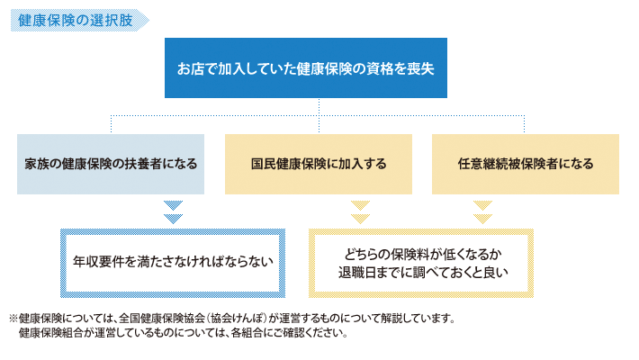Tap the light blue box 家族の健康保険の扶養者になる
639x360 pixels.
tap(111, 165)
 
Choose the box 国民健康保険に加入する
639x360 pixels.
tap(319, 165)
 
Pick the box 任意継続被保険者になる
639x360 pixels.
tap(525, 165)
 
